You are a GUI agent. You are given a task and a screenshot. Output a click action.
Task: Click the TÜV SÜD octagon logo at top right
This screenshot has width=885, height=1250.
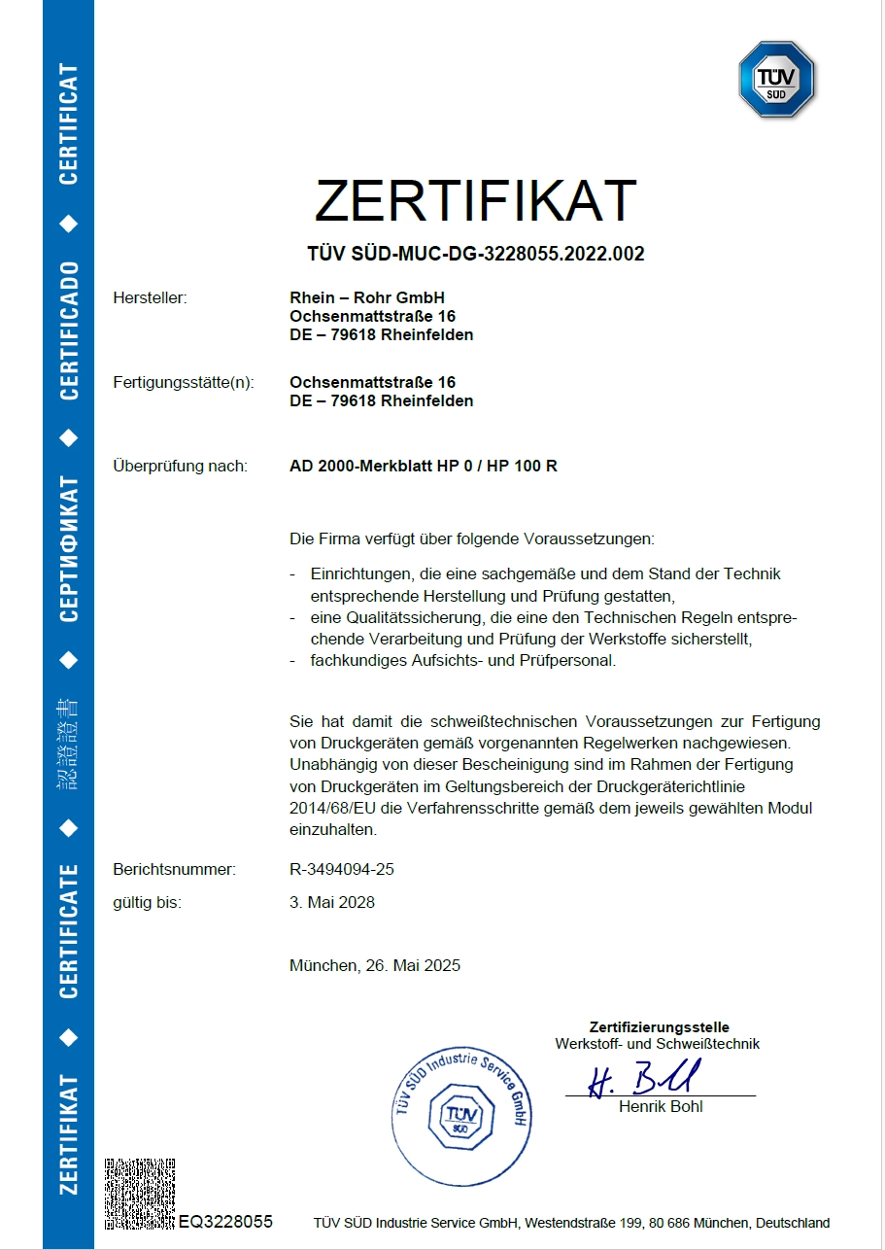pyautogui.click(x=776, y=80)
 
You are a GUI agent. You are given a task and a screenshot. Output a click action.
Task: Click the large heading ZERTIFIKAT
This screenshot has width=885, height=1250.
pyautogui.click(x=475, y=200)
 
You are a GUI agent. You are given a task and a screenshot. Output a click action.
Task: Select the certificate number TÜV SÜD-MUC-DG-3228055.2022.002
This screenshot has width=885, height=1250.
pyautogui.click(x=475, y=255)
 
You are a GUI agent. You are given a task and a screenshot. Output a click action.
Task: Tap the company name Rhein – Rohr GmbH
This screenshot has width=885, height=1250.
pyautogui.click(x=366, y=297)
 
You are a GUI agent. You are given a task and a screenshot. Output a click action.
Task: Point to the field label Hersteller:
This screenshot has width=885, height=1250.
pyautogui.click(x=150, y=297)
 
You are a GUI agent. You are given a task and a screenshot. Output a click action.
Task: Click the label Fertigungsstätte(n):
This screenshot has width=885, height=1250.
pyautogui.click(x=184, y=382)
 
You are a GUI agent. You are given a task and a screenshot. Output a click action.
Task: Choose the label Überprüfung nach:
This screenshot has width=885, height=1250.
pyautogui.click(x=180, y=466)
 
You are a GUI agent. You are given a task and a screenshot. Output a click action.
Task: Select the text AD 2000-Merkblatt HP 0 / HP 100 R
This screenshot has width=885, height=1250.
pyautogui.click(x=423, y=466)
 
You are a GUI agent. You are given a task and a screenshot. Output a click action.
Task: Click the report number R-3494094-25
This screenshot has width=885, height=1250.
pyautogui.click(x=341, y=869)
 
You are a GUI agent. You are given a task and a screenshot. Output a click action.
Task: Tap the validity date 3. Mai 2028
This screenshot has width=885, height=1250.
pyautogui.click(x=331, y=902)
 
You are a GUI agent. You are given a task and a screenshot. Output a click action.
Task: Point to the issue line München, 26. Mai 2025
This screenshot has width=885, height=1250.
pyautogui.click(x=374, y=965)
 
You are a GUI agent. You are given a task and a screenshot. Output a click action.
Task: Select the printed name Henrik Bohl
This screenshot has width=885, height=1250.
pyautogui.click(x=660, y=1106)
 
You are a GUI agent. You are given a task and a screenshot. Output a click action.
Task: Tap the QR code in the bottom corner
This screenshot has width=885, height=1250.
pyautogui.click(x=140, y=1193)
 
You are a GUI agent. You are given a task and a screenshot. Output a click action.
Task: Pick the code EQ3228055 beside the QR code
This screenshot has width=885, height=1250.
pyautogui.click(x=225, y=1222)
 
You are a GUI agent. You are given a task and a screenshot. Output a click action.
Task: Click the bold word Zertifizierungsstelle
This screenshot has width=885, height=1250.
pyautogui.click(x=659, y=1027)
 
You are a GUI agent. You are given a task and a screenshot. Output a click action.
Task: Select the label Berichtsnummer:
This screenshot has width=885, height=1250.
pyautogui.click(x=174, y=869)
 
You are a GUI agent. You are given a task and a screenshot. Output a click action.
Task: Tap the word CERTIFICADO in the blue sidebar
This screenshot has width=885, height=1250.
pyautogui.click(x=68, y=330)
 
